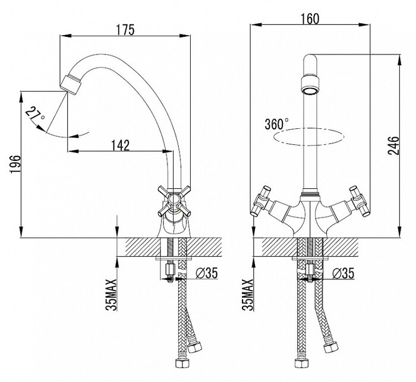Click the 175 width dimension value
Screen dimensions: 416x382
(125, 30)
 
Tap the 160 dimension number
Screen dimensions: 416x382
(310, 18)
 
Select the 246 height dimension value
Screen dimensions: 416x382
(393, 146)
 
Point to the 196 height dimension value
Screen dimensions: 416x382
(15, 165)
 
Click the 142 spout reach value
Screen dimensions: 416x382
(120, 146)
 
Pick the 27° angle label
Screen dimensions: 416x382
(36, 114)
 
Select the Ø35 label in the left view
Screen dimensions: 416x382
(207, 273)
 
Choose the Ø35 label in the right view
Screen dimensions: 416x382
(343, 273)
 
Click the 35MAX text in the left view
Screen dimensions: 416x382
(111, 295)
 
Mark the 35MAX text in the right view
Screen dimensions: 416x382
(248, 295)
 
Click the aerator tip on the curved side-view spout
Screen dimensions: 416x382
(70, 84)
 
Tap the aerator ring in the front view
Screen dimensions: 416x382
(310, 86)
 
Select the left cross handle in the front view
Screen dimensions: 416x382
(261, 201)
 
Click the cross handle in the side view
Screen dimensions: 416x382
(174, 201)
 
